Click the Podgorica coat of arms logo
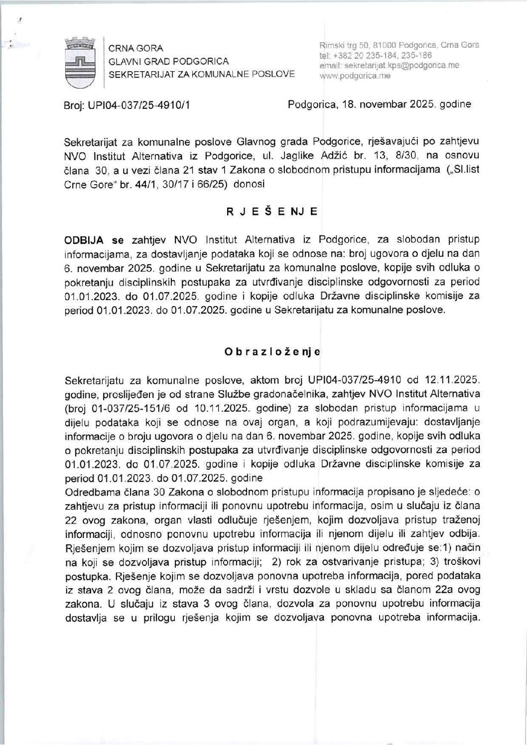pos(80,63)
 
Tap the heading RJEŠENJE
pos(271,211)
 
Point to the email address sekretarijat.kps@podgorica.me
pos(396,65)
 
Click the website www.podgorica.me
pos(355,76)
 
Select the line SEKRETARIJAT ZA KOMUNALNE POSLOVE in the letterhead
pos(202,75)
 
